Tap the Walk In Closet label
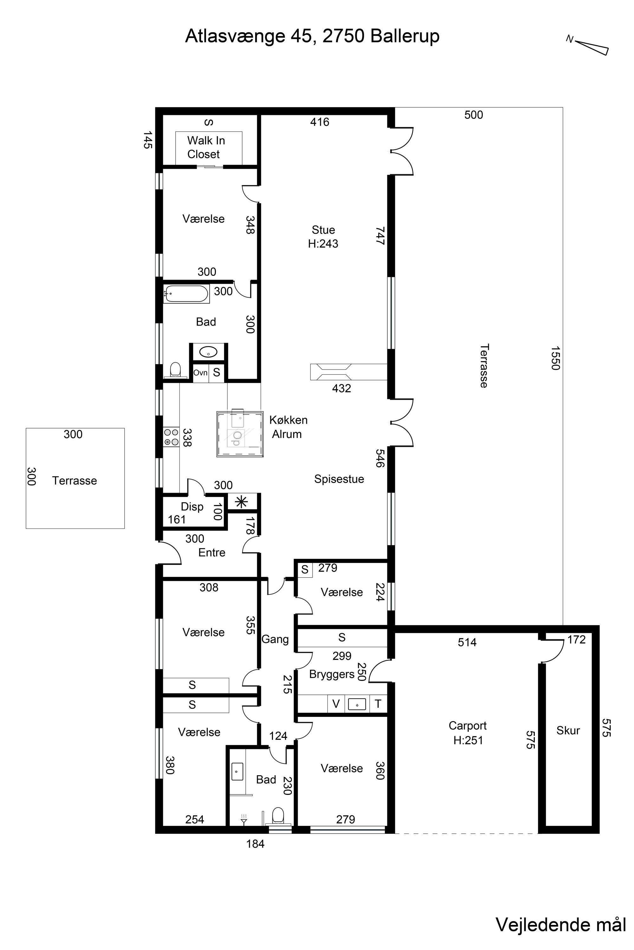point(206,148)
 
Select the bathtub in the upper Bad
point(186,294)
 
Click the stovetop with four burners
point(171,437)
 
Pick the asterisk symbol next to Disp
point(241,502)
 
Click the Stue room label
point(323,230)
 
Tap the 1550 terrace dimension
point(555,358)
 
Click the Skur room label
point(568,730)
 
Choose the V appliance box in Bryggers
point(336,704)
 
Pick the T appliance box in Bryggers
point(378,704)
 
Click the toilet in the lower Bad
point(278,815)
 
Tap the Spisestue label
point(339,479)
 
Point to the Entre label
point(212,553)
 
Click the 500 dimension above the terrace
point(474,115)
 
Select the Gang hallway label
point(275,639)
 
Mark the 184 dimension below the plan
point(256,844)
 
